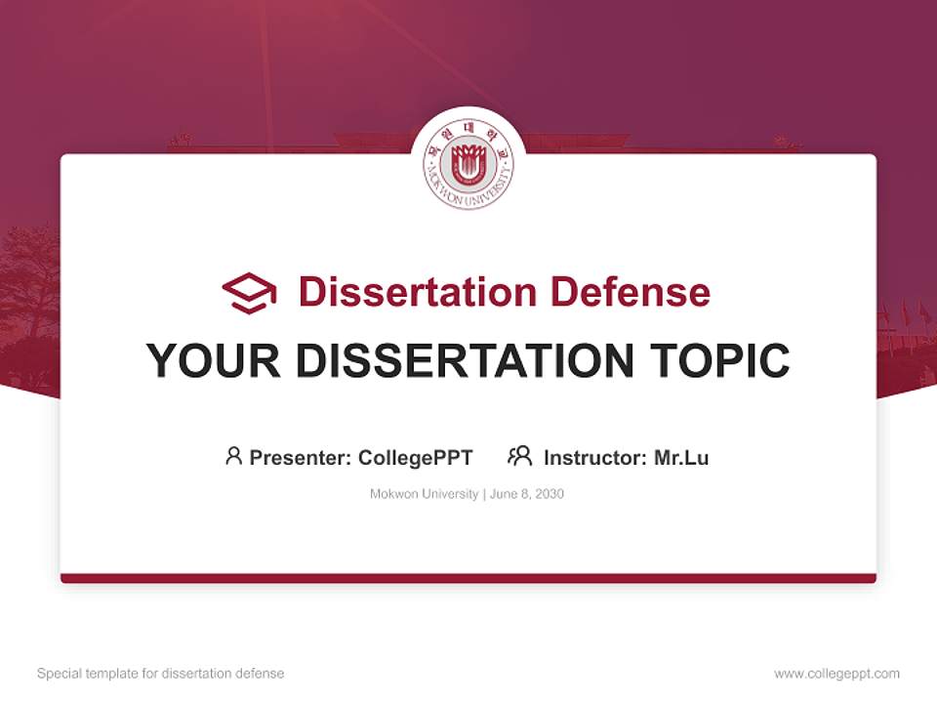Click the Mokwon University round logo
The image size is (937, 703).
(x=468, y=163)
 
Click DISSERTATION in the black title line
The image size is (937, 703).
(x=464, y=361)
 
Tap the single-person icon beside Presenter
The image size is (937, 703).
(x=233, y=456)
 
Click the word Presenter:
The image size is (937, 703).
(x=300, y=457)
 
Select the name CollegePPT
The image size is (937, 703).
(x=416, y=457)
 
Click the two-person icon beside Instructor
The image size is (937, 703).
(x=519, y=456)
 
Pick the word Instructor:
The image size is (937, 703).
(x=595, y=457)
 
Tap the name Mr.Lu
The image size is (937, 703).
(x=681, y=457)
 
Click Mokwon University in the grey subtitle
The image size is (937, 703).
(x=424, y=494)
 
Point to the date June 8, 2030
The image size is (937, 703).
(x=527, y=494)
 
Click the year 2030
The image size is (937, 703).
(x=549, y=494)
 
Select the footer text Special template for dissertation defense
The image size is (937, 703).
(x=160, y=674)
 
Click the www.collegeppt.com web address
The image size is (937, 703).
(x=836, y=674)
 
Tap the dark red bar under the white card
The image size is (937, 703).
(x=468, y=578)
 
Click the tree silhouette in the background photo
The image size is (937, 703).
(x=27, y=283)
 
